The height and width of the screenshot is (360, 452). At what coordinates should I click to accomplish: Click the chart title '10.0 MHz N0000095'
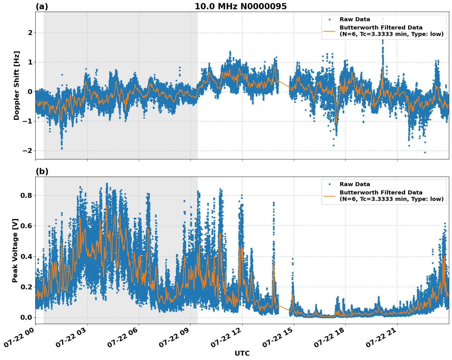(241, 6)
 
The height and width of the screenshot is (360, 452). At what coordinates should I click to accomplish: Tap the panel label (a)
(42, 6)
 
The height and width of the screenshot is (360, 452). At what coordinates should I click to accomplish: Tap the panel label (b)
(42, 171)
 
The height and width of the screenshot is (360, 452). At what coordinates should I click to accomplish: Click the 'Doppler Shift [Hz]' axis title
(17, 85)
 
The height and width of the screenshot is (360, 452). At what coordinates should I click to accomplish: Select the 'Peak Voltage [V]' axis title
(15, 250)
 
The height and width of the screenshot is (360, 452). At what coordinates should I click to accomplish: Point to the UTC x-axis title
(242, 353)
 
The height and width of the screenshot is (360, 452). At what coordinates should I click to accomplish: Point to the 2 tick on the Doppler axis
(30, 33)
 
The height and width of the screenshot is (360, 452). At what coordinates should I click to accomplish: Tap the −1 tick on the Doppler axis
(28, 121)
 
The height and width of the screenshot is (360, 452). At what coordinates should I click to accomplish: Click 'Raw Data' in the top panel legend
(355, 19)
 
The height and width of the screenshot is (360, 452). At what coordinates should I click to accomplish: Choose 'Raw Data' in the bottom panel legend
(355, 184)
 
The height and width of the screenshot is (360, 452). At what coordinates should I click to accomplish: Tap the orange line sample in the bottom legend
(329, 196)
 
